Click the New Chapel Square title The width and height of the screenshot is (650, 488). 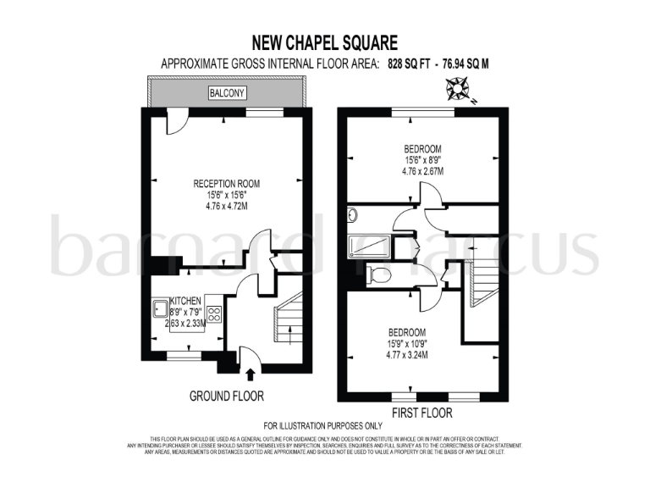pyautogui.click(x=325, y=42)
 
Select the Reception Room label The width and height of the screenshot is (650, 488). pyautogui.click(x=226, y=183)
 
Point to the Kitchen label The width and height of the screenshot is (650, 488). pyautogui.click(x=185, y=300)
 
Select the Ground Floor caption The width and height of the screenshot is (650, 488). pyautogui.click(x=226, y=396)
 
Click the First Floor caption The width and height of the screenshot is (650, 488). pyautogui.click(x=421, y=413)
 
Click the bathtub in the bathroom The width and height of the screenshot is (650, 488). pyautogui.click(x=370, y=247)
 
